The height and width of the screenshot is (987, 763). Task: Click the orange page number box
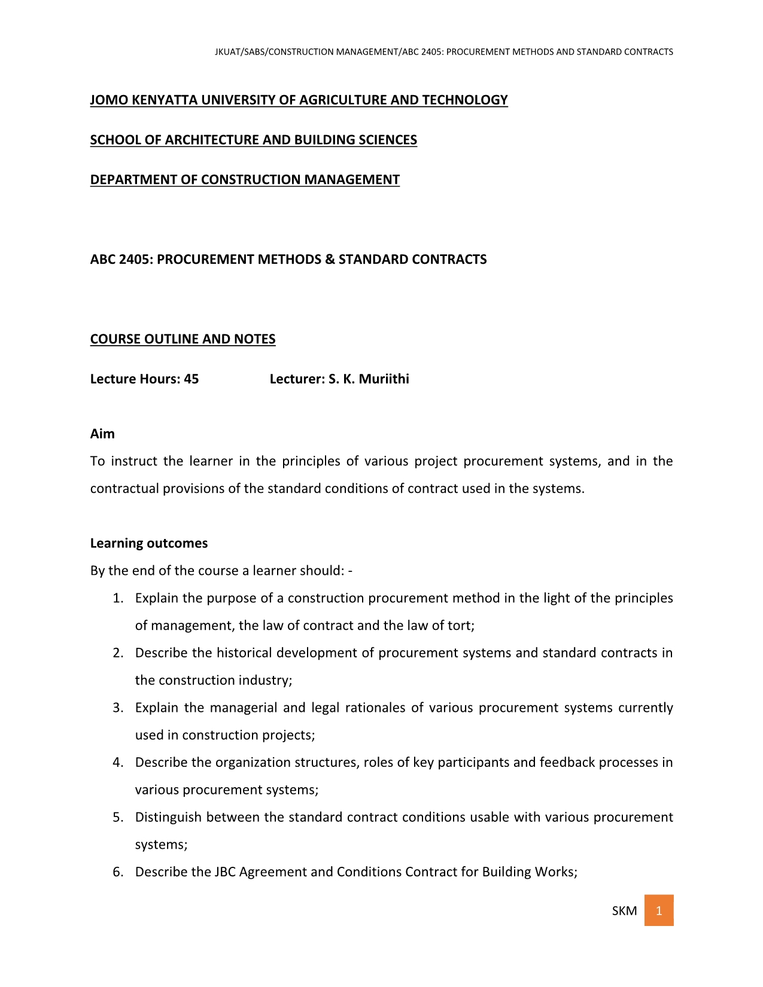[x=658, y=910]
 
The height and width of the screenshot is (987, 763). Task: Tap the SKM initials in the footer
[x=624, y=911]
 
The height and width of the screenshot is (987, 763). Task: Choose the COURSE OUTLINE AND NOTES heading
[x=183, y=339]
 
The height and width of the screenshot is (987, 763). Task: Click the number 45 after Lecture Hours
[x=191, y=379]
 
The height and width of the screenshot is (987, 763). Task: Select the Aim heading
[x=102, y=434]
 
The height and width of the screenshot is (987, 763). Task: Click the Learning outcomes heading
[x=149, y=543]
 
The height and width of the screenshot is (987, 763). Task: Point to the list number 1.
[x=118, y=598]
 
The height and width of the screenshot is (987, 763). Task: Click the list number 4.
[x=118, y=763]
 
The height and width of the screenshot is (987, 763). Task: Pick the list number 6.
[x=118, y=872]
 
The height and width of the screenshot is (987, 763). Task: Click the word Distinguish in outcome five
[x=168, y=818]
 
